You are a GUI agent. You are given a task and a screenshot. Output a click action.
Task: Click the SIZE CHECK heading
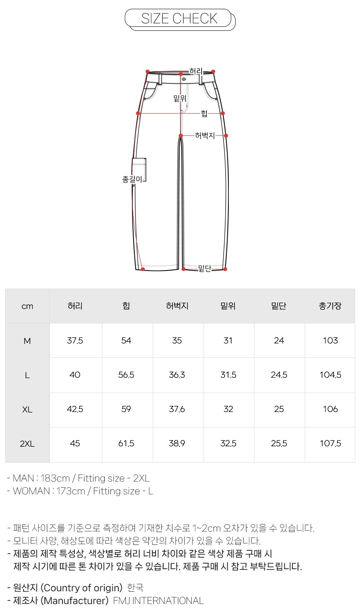point(179,18)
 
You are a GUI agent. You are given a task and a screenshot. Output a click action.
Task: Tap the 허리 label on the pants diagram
point(196,71)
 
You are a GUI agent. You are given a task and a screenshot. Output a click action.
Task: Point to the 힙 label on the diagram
point(204,113)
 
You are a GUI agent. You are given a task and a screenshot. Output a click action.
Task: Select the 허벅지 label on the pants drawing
point(205,135)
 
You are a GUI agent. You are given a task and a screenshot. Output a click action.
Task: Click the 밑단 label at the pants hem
point(205,269)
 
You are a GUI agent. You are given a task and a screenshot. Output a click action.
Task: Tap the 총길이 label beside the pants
point(132,179)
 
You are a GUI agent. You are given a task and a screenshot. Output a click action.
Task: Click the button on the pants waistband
point(184,79)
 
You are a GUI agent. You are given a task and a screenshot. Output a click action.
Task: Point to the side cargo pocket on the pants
point(139,169)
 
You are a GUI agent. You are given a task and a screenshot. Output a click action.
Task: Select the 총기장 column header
point(330,306)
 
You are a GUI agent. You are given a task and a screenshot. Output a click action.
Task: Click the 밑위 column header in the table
point(228,306)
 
